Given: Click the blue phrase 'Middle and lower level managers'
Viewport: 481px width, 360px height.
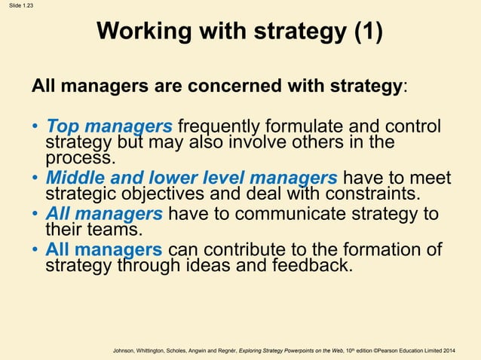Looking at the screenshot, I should pos(191,178).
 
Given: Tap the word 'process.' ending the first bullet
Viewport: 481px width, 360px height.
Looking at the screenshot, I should pos(81,158).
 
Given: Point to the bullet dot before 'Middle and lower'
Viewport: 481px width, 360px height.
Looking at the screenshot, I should pos(35,179).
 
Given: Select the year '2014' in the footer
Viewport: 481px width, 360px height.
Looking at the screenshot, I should pos(449,352).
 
